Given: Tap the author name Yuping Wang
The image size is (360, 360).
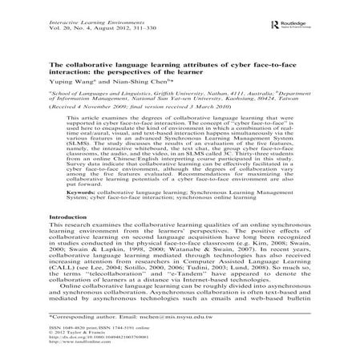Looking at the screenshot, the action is (73, 82).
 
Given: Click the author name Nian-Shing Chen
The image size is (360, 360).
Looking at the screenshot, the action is (143, 82).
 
